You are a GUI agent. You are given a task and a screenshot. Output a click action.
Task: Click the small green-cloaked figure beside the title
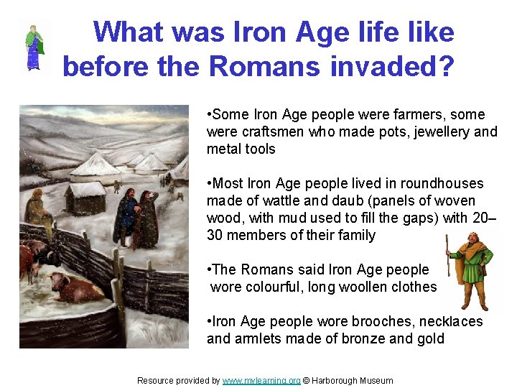[33, 47]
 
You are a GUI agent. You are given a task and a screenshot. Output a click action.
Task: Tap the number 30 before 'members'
[216, 235]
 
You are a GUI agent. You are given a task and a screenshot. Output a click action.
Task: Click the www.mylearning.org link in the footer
[261, 380]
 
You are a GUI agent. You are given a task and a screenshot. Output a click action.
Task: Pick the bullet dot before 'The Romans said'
[208, 269]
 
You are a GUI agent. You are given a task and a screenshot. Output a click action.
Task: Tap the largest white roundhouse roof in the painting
[97, 165]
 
